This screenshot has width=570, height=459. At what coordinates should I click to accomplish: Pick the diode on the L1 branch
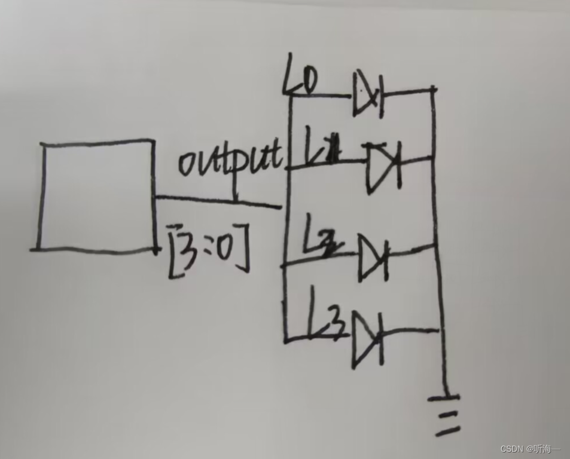coord(383,165)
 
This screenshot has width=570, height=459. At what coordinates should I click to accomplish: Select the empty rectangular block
coord(96,195)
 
